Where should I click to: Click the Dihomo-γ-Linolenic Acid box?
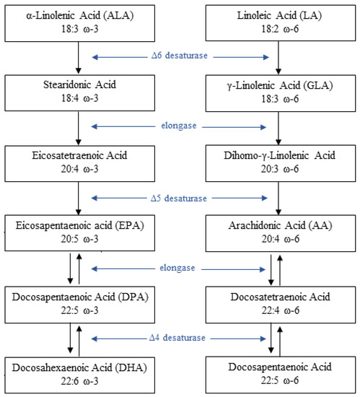tap(278, 162)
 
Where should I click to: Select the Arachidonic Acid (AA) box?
tap(278, 232)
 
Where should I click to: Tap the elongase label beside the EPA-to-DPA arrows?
tap(178, 268)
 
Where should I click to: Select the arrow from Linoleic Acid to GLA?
tap(278, 56)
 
